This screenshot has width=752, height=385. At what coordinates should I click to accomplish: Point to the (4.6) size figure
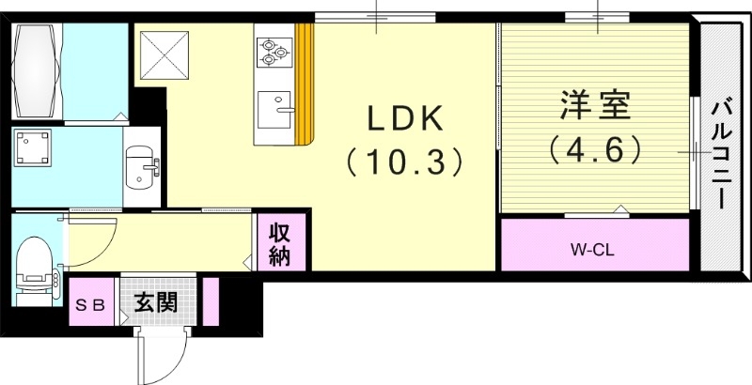click(596, 149)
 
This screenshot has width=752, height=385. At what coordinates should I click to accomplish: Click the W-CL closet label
click(593, 250)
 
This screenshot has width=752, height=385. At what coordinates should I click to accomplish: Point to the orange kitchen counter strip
click(304, 85)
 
